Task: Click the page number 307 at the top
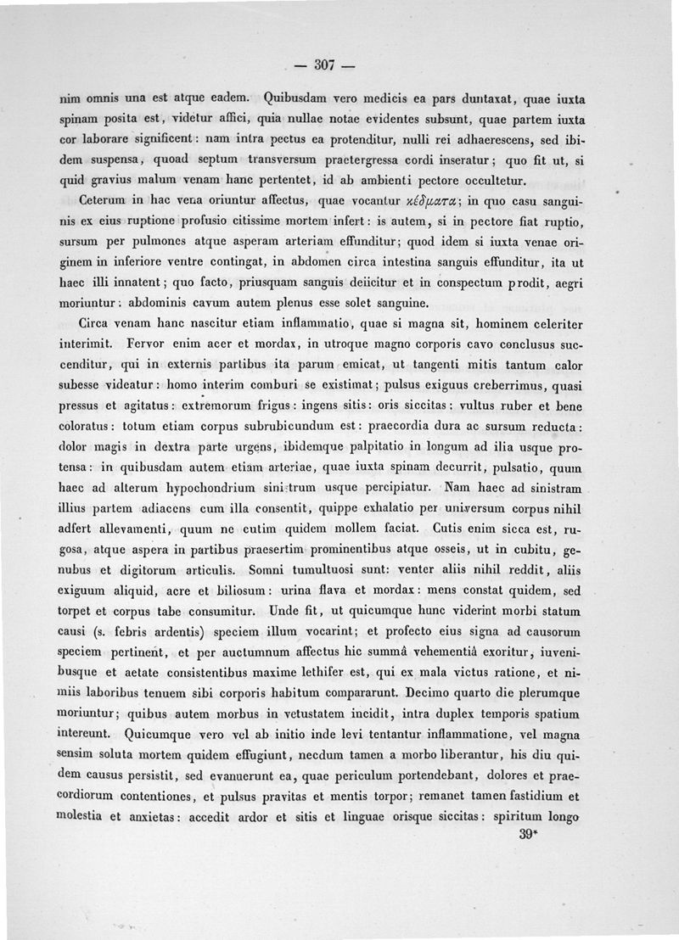[x=326, y=64]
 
